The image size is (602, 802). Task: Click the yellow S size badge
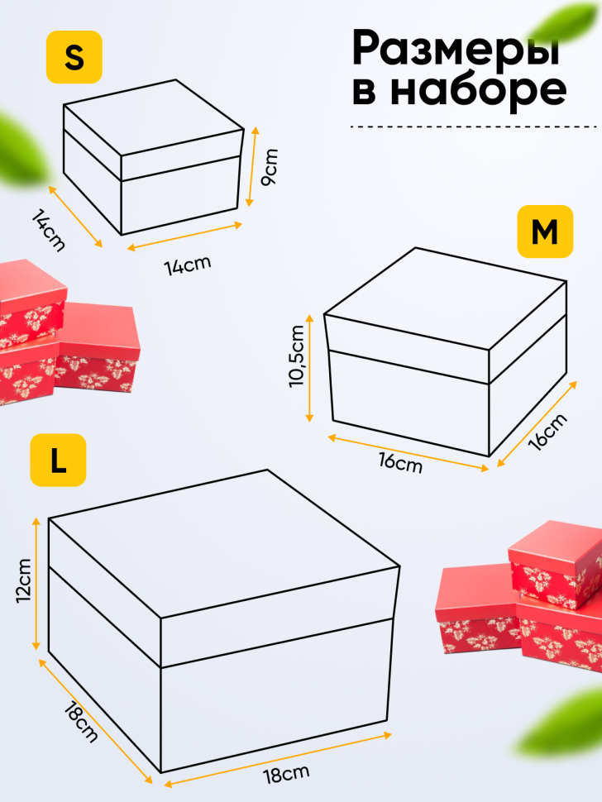[x=74, y=57]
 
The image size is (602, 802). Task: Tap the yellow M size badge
[x=544, y=232]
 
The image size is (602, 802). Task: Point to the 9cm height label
[x=270, y=167]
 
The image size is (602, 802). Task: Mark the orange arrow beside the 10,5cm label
[x=310, y=367]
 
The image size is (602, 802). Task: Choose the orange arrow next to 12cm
[x=36, y=583]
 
